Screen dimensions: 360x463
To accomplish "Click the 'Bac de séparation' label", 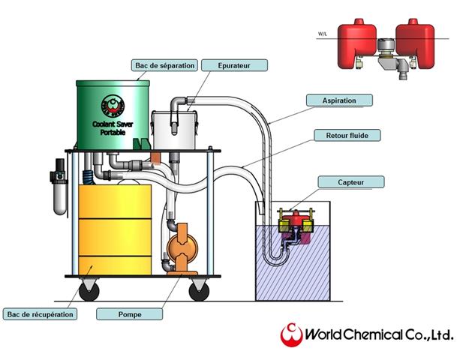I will click(x=164, y=65).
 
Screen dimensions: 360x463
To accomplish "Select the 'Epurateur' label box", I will click(x=234, y=65).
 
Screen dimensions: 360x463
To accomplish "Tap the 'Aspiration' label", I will click(x=340, y=100).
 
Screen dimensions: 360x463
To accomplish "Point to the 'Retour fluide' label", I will click(x=347, y=136).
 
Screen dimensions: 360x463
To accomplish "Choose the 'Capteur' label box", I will click(x=350, y=181).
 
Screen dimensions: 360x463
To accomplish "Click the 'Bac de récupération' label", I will click(x=40, y=313).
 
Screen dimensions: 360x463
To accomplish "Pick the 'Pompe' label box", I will click(x=130, y=314).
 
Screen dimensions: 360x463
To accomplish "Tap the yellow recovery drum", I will click(x=115, y=229).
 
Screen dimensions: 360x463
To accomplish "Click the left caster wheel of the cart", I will click(x=89, y=291).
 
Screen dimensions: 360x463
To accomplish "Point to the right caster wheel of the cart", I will click(x=199, y=291).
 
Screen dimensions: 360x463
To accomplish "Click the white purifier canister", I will click(x=174, y=129).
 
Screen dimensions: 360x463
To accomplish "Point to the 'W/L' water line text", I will click(x=323, y=34).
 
